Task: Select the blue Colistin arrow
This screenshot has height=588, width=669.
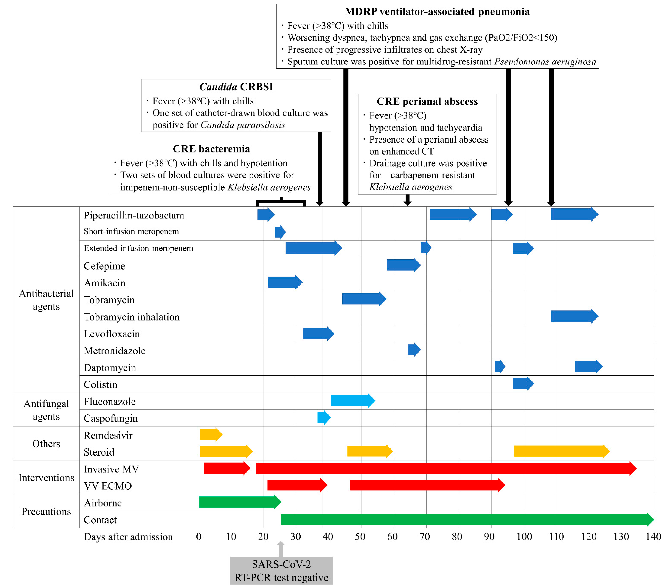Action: (523, 384)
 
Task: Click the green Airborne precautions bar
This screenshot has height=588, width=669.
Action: (240, 502)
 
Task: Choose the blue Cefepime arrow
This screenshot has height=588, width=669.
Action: (403, 265)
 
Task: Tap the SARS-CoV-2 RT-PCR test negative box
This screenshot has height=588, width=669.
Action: (281, 571)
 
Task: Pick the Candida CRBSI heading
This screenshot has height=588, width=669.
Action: (236, 87)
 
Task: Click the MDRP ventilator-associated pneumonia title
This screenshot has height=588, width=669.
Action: (437, 12)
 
